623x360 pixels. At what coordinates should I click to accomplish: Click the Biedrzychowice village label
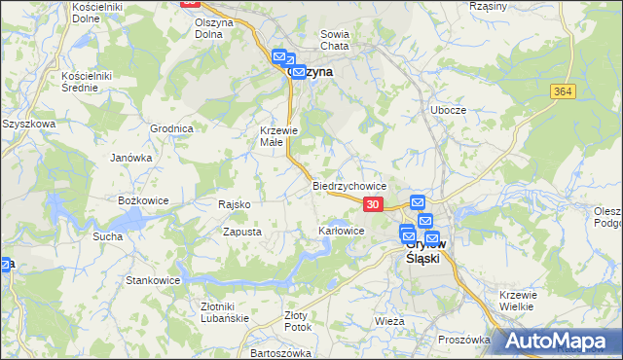pyautogui.click(x=350, y=185)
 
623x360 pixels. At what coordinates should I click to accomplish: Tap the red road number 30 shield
pyautogui.click(x=373, y=204)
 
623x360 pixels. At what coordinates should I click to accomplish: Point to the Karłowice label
pyautogui.click(x=342, y=231)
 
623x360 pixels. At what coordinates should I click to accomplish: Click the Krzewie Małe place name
pyautogui.click(x=276, y=136)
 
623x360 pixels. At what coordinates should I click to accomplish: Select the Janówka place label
pyautogui.click(x=131, y=157)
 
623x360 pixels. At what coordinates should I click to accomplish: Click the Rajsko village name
pyautogui.click(x=236, y=204)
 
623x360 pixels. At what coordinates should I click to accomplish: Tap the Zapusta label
pyautogui.click(x=241, y=232)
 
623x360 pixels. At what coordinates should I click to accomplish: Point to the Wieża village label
pyautogui.click(x=389, y=319)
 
